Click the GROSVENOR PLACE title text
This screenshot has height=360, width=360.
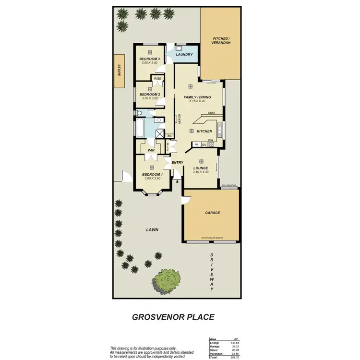[x=173, y=317]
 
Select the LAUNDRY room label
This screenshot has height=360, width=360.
[x=184, y=55]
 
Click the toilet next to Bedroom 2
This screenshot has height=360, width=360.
[x=139, y=113]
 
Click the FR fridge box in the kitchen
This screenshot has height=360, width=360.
[x=196, y=144]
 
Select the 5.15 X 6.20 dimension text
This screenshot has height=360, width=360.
[x=197, y=101]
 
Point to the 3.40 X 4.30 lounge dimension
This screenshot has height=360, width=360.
[x=201, y=172]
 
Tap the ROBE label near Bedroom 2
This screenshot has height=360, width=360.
[x=157, y=78]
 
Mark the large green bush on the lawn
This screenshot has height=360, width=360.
[x=166, y=280]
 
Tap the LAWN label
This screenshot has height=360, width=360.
[x=152, y=229]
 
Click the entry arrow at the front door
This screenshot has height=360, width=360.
[x=179, y=181]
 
